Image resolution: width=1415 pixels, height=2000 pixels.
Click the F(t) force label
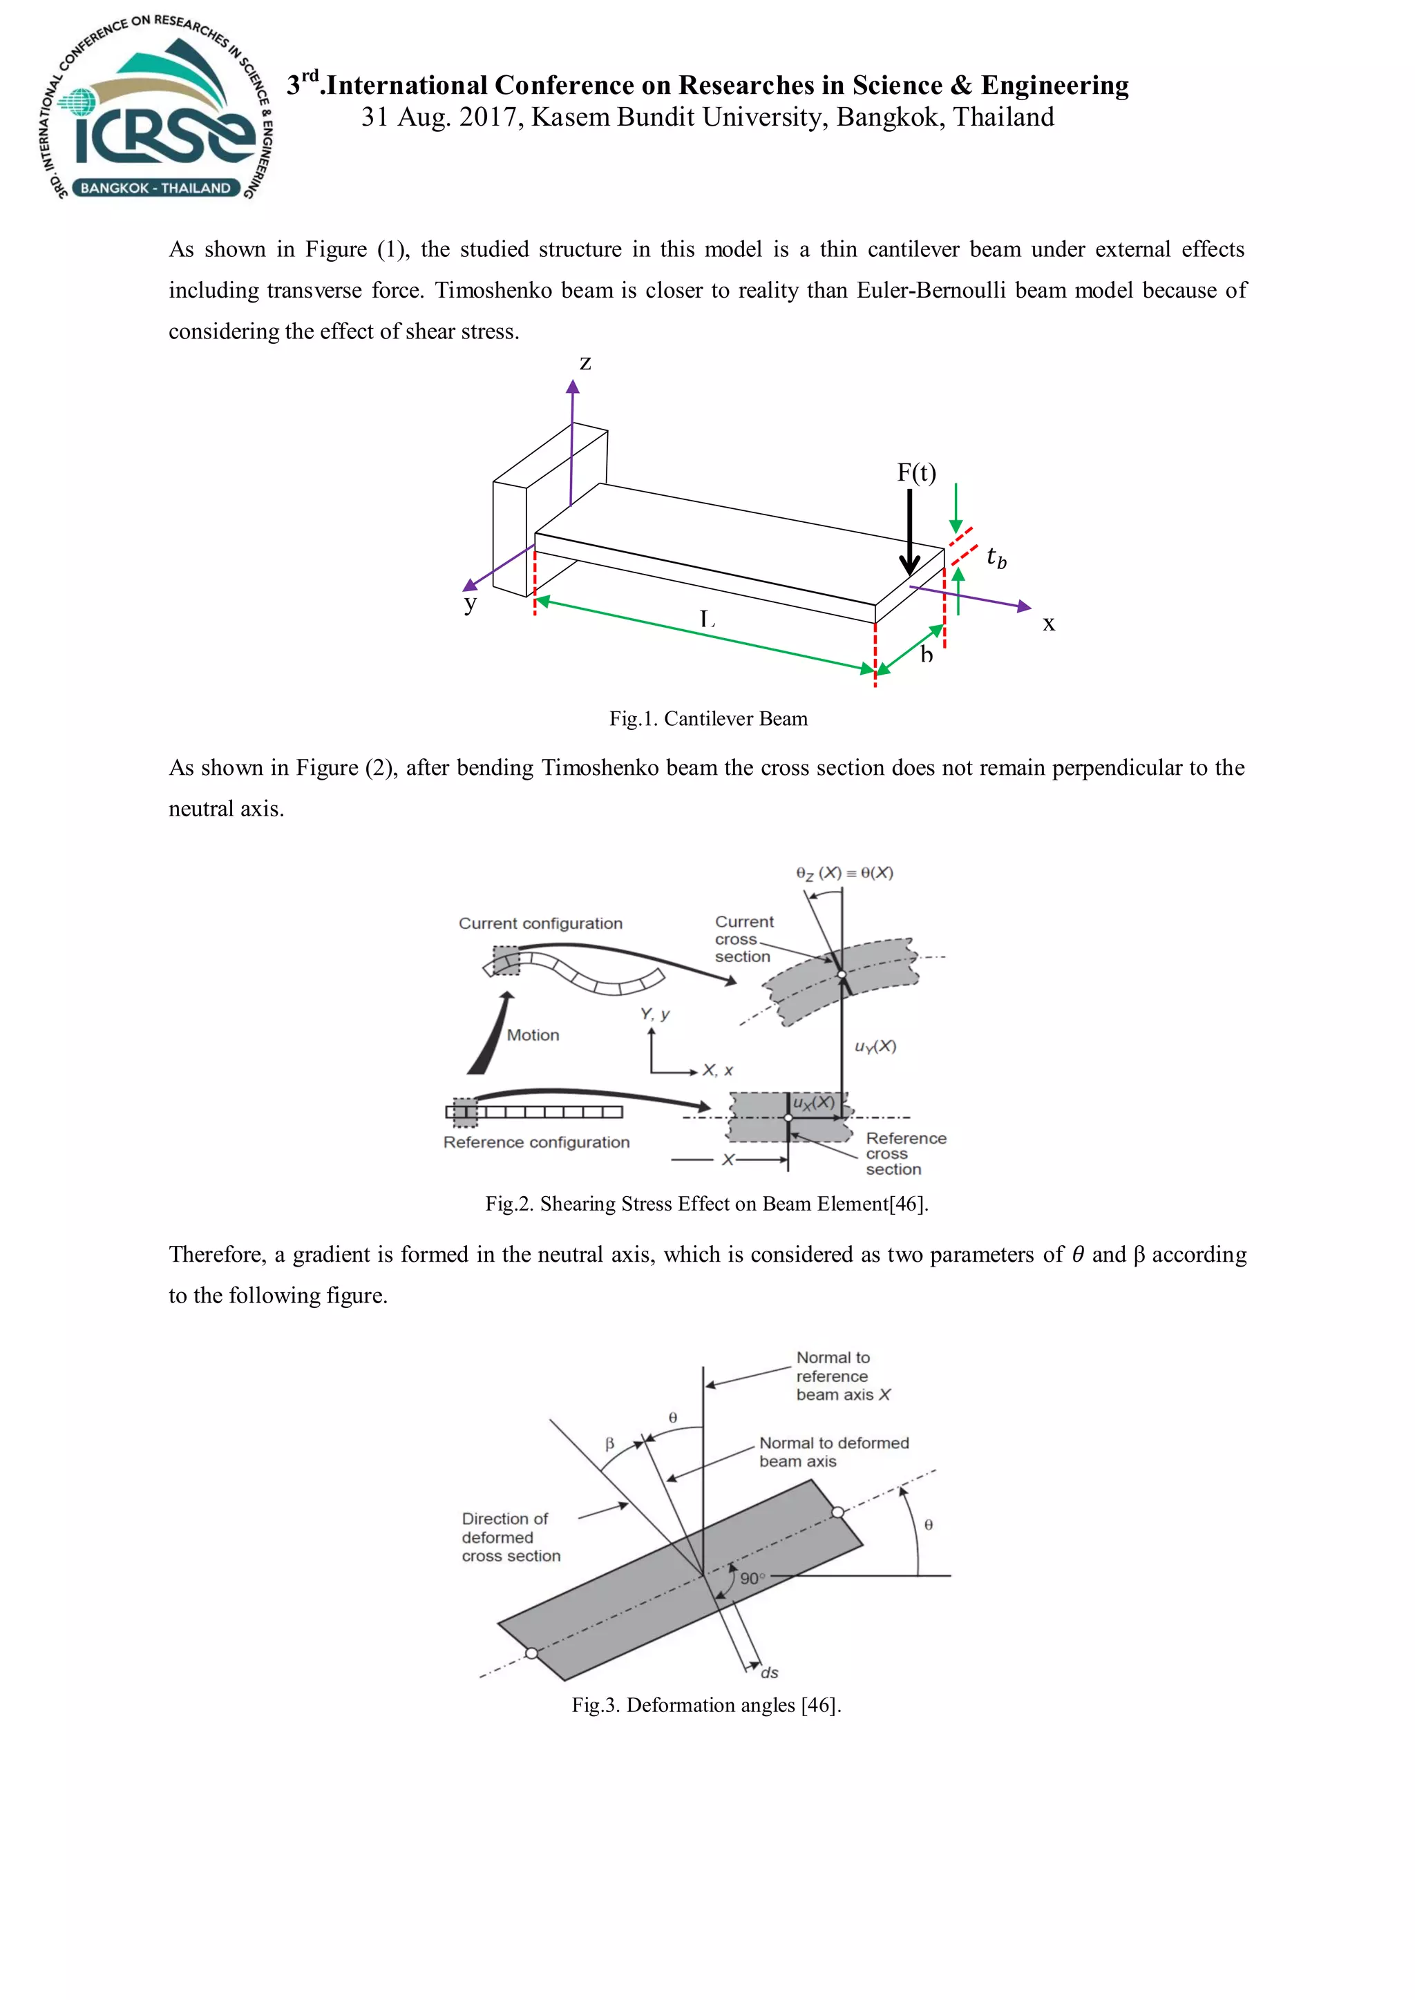pyautogui.click(x=917, y=472)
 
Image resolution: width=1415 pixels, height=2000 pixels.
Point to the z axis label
pyautogui.click(x=585, y=363)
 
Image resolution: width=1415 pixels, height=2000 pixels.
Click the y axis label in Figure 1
pyautogui.click(x=471, y=603)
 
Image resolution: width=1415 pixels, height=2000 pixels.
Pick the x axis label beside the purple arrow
pyautogui.click(x=1049, y=624)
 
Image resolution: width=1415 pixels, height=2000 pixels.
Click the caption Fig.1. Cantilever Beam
pyautogui.click(x=707, y=719)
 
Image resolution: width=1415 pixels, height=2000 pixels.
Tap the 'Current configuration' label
pyautogui.click(x=540, y=923)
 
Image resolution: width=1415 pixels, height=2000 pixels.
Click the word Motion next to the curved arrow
pyautogui.click(x=533, y=1035)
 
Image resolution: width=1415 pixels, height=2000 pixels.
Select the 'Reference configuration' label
pyautogui.click(x=536, y=1142)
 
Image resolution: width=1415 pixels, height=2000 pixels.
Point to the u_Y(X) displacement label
pyautogui.click(x=875, y=1046)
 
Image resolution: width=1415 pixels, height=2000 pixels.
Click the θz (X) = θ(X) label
pyautogui.click(x=844, y=873)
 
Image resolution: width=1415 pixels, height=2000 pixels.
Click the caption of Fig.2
pyautogui.click(x=707, y=1204)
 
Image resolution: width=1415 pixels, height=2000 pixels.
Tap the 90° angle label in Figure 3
pyautogui.click(x=752, y=1579)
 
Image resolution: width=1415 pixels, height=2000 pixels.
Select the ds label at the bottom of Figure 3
pyautogui.click(x=770, y=1673)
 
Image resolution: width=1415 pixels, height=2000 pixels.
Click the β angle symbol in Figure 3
pyautogui.click(x=610, y=1443)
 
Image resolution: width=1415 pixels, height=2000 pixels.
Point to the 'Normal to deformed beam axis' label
pyautogui.click(x=833, y=1452)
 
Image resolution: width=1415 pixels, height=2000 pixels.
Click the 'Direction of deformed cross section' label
pyautogui.click(x=511, y=1537)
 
